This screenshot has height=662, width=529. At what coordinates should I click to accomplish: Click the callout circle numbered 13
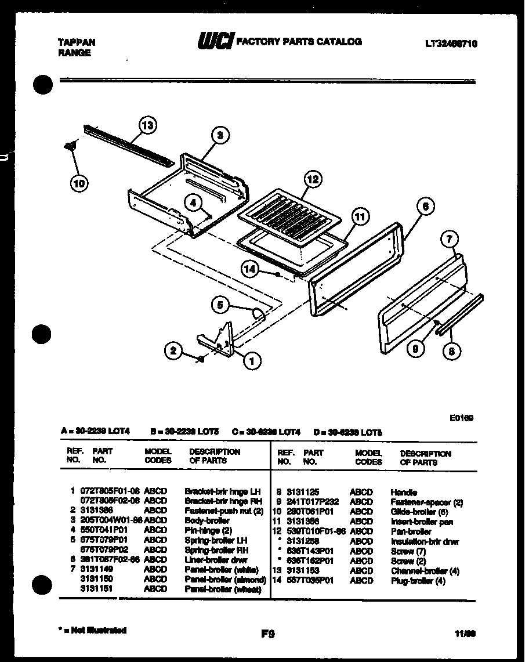coord(148,125)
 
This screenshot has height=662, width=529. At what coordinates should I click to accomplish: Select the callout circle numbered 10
coord(79,184)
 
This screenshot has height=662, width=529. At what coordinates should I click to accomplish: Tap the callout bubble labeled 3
coord(219,136)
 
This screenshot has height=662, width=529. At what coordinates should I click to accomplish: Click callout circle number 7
coord(450,238)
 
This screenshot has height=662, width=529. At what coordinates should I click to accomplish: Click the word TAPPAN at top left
coord(77,42)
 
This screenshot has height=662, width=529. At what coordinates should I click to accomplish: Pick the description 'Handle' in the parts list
coord(404,492)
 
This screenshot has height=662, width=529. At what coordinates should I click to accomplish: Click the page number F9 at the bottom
coord(267,634)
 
